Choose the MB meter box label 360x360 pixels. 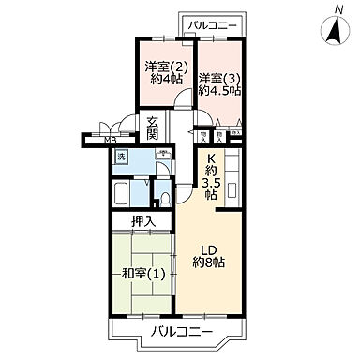coord(111,142)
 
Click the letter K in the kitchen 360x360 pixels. coord(211,158)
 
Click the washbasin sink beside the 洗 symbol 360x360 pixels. coord(162,155)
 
